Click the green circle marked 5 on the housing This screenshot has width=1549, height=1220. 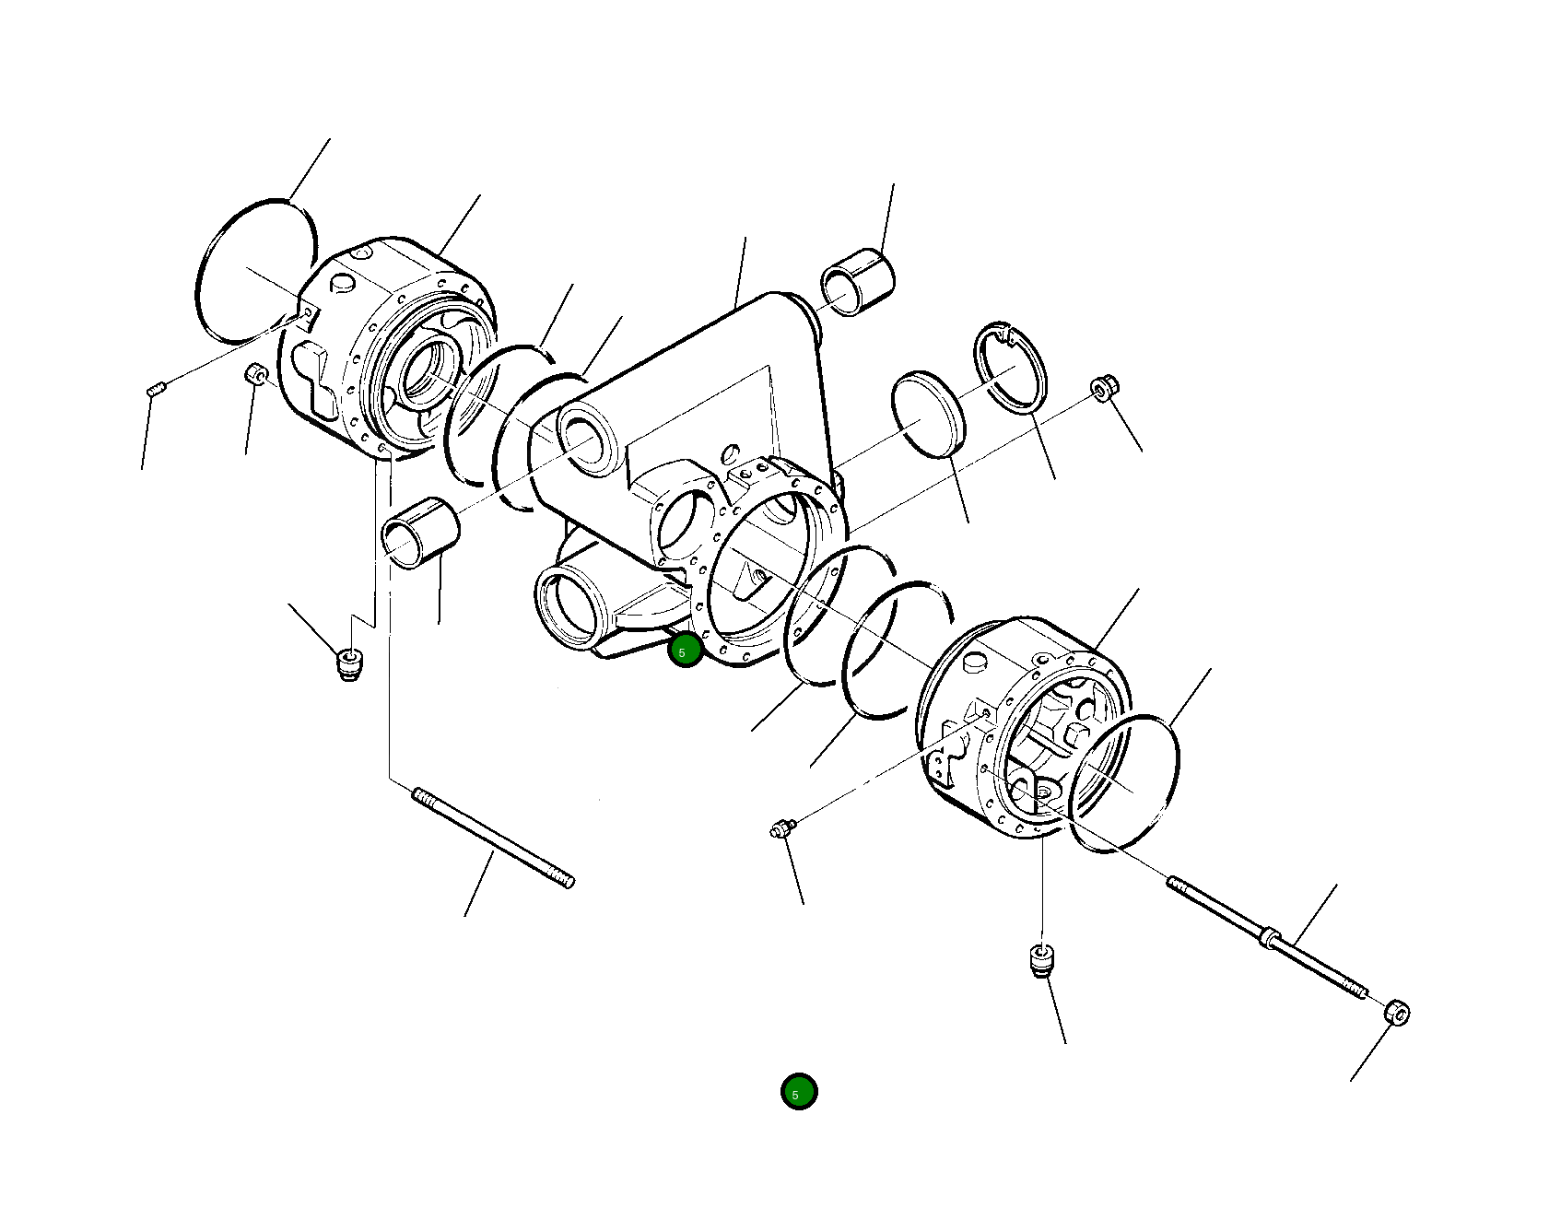[685, 651]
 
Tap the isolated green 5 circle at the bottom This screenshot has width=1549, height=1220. [798, 1092]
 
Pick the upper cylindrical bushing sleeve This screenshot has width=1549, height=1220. [859, 280]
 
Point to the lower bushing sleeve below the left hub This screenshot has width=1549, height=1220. [419, 534]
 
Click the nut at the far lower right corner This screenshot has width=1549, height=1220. [1397, 1011]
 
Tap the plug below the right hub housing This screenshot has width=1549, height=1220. [1040, 960]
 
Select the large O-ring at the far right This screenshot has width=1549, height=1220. [1127, 783]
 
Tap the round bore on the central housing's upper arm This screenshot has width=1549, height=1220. [590, 440]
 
